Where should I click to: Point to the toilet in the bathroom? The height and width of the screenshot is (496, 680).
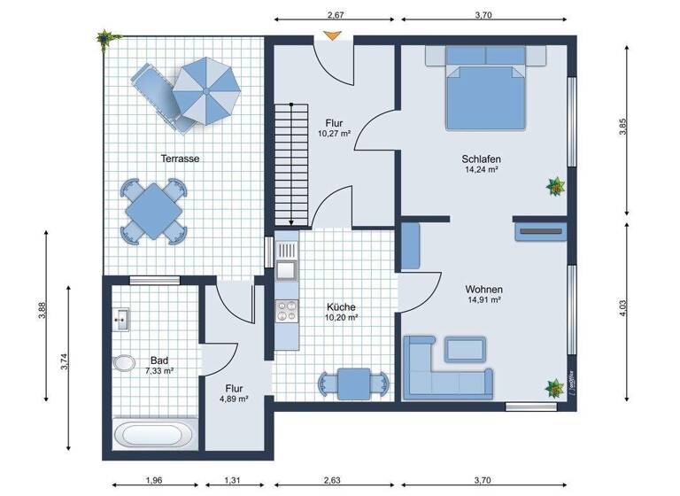(x=122, y=363)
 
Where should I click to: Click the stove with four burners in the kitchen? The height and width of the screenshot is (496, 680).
(x=287, y=310)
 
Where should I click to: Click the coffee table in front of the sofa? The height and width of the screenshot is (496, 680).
(x=464, y=348)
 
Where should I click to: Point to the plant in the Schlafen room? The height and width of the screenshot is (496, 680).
(x=556, y=186)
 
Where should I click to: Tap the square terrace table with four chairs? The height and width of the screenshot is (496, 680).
(x=154, y=211)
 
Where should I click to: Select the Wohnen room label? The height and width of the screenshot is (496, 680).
(x=484, y=290)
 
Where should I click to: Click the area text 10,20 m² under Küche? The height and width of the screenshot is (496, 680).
(x=341, y=317)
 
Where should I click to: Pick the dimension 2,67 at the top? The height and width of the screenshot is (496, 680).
(x=336, y=14)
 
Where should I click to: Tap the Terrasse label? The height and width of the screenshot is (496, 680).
(x=180, y=159)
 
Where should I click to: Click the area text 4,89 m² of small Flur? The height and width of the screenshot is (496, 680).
(x=234, y=399)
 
